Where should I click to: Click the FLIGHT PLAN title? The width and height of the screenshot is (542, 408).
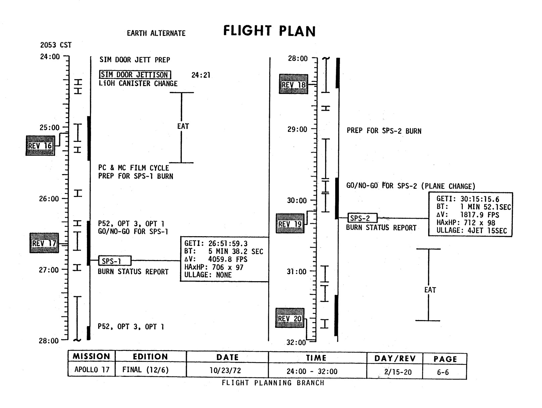[x=269, y=31]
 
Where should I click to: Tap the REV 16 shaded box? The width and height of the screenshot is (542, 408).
[x=40, y=146]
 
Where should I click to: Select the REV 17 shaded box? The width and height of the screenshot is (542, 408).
[x=44, y=243]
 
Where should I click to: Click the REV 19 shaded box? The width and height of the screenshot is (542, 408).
[x=290, y=223]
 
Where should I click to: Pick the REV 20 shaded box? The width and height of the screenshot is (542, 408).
[x=290, y=318]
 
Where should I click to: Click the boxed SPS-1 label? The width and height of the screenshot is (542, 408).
[x=115, y=261]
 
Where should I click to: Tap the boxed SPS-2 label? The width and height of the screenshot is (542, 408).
[x=362, y=218]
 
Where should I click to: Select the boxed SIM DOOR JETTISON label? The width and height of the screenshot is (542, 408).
[x=135, y=74]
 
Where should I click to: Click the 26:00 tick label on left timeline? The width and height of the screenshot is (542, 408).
[x=49, y=199]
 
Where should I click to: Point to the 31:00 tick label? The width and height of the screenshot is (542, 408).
[x=297, y=271]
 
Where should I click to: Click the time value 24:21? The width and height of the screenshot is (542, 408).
[x=201, y=75]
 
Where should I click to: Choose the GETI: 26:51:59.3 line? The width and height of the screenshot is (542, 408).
[x=216, y=243]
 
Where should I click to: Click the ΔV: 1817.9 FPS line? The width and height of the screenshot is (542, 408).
[x=467, y=215]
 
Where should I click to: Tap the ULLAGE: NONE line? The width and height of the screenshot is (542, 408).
[x=208, y=275]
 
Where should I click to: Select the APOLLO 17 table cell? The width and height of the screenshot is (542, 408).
[x=92, y=369]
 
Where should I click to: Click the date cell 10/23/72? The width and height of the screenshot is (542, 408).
[x=227, y=370]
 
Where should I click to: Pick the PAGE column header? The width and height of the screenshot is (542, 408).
[x=445, y=359]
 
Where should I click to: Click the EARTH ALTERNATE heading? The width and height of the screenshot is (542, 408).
[x=156, y=33]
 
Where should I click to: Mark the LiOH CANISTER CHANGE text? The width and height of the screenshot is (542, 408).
[x=138, y=84]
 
